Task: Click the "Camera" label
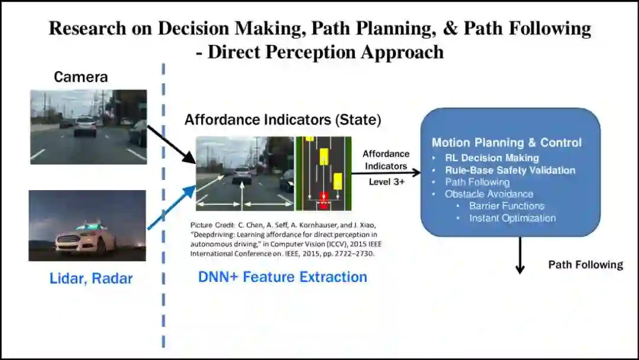pyautogui.click(x=80, y=77)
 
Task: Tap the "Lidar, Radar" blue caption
pyautogui.click(x=91, y=278)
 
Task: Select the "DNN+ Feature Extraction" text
pyautogui.click(x=282, y=277)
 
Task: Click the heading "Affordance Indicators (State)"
pyautogui.click(x=283, y=120)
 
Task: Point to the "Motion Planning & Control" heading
pyautogui.click(x=506, y=143)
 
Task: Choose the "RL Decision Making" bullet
pyautogui.click(x=492, y=158)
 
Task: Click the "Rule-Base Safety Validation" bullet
pyautogui.click(x=510, y=171)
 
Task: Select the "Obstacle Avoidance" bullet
pyautogui.click(x=489, y=194)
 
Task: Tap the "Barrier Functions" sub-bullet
pyautogui.click(x=506, y=206)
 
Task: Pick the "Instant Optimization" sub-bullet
pyautogui.click(x=512, y=218)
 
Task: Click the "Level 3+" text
pyautogui.click(x=386, y=182)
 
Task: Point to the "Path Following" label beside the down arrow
pyautogui.click(x=585, y=265)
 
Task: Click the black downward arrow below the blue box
pyautogui.click(x=520, y=255)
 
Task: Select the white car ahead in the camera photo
pyautogui.click(x=86, y=125)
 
